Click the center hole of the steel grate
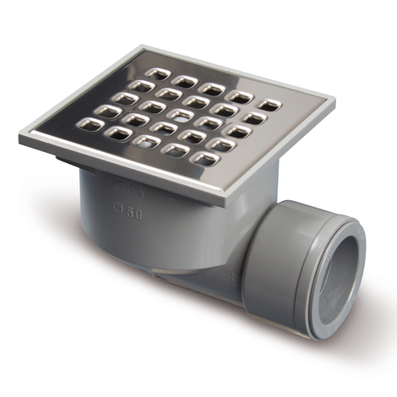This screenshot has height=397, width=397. click(x=177, y=113)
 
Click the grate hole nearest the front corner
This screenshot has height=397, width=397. click(x=203, y=158)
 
